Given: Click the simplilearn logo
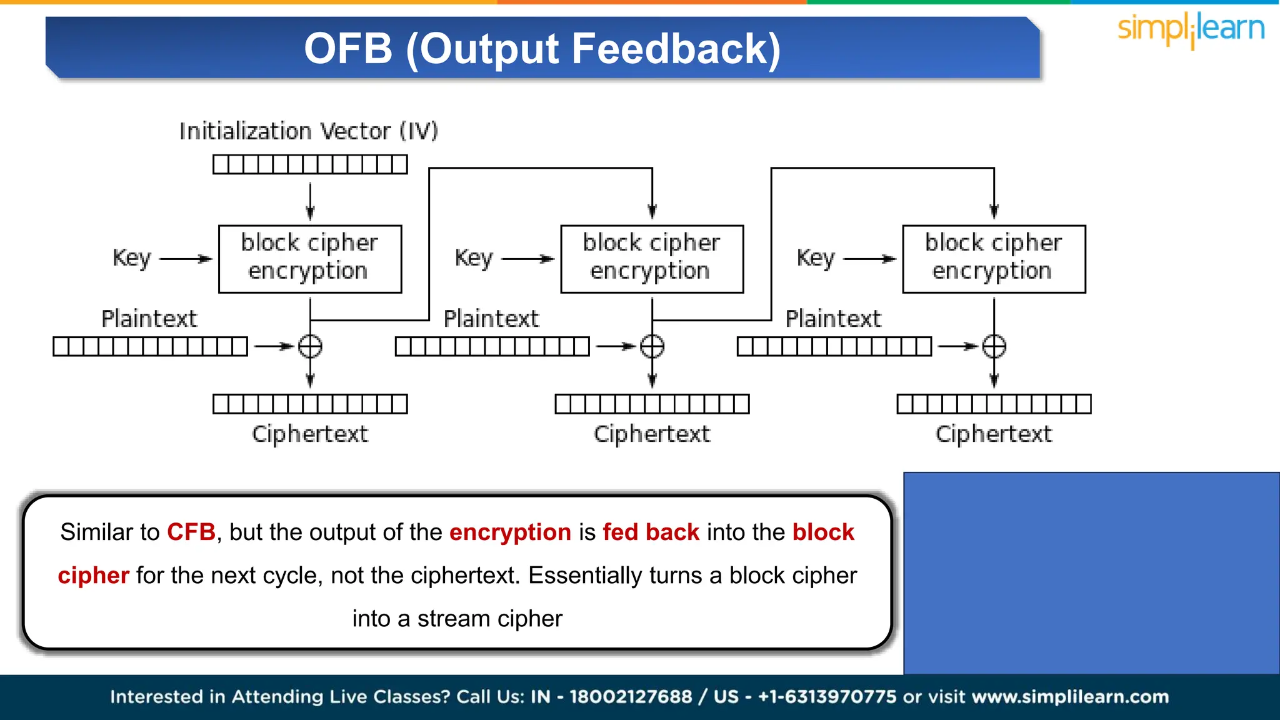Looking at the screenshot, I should pos(1191,29).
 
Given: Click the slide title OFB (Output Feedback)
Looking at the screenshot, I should pos(542,49).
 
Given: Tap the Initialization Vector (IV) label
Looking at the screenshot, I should pos(309,131).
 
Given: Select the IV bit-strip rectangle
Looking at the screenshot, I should pos(310,164).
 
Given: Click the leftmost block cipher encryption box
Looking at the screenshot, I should pos(310,259).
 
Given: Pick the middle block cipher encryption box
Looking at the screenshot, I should pos(652,259).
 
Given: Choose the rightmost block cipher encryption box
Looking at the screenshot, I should pos(994,259).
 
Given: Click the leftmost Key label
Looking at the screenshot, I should pos(132,257).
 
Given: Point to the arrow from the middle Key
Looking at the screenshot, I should pos(527,259).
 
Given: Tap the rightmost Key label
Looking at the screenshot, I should pos(816,257).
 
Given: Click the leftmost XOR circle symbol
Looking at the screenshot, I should pos(310,346).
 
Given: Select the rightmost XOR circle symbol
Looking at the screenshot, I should pos(994,346).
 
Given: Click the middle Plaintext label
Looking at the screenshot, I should pos(491,319).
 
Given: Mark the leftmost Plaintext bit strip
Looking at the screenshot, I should pos(150,346).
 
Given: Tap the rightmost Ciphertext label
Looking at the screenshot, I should pos(994,434).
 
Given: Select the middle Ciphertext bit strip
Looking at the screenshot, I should pos(652,404).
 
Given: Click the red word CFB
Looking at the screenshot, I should pos(191,532).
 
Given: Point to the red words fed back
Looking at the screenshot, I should pos(651,532).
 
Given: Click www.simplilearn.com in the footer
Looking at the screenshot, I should pos(1070,697).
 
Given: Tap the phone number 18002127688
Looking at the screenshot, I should pos(631,697).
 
